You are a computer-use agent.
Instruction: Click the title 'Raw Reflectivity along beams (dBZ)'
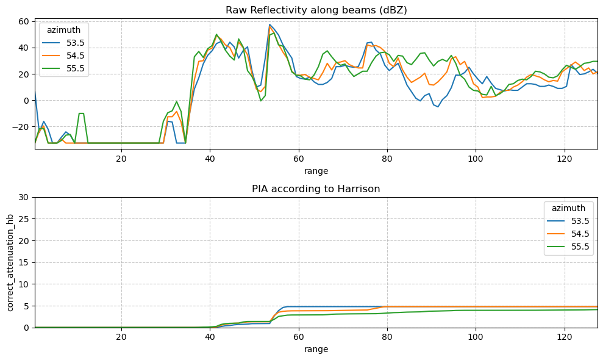coord(316,10)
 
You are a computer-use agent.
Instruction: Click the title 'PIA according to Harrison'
coord(316,189)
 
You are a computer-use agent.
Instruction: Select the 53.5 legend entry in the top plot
coord(63,43)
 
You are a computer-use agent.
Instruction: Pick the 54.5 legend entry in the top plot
coord(63,56)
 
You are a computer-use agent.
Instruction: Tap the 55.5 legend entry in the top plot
coord(63,68)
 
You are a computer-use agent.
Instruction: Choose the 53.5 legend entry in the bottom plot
coord(568,221)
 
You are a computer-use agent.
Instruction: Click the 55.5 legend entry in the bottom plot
coord(568,247)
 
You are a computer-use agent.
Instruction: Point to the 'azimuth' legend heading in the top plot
coord(64,30)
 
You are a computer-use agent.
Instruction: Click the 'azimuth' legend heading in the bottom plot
coord(568,208)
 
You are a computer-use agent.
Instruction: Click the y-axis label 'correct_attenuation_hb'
coord(10,262)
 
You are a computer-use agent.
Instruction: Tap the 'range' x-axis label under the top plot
coord(316,171)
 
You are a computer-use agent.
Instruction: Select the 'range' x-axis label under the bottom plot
coord(316,349)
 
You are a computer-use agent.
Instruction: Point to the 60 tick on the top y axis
coord(24,21)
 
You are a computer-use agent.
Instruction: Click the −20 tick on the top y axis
coord(21,127)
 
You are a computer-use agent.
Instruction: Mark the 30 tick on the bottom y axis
coord(24,197)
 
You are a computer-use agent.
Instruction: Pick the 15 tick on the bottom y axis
coord(24,262)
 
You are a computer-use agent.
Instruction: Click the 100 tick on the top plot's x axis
coord(476,159)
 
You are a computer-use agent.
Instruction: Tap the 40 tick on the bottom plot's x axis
coord(210,337)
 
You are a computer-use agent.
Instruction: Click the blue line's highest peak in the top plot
coord(270,24)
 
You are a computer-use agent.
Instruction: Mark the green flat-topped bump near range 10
coord(81,113)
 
